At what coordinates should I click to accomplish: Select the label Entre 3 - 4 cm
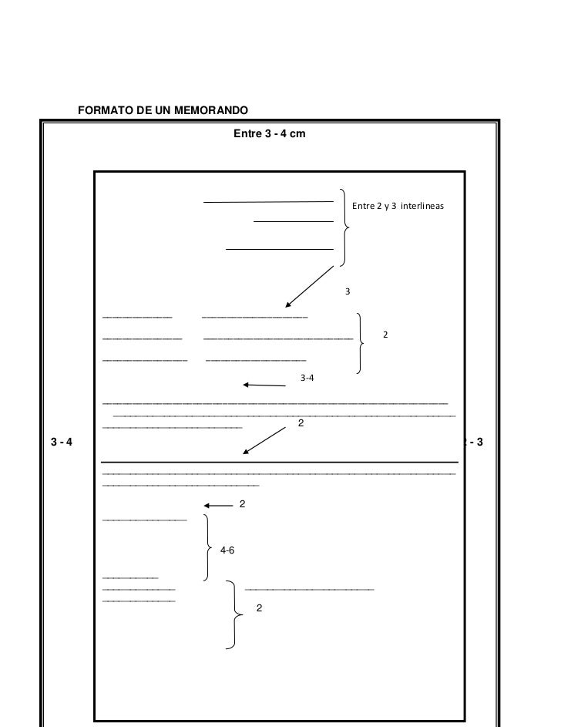coord(269,134)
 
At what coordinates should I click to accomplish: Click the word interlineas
coord(421,207)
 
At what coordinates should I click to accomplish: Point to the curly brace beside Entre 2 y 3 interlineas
coord(344,227)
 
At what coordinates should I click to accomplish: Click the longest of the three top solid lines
coord(268,203)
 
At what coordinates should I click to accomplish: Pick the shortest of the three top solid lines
coord(293,222)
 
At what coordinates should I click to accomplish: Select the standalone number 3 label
coord(348,292)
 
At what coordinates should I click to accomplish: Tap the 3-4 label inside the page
coord(307,378)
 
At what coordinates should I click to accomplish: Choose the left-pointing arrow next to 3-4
coord(264,385)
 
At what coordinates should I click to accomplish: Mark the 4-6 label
coord(227,550)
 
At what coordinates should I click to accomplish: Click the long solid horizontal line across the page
coord(280,463)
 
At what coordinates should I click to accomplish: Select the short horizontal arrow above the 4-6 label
coord(218,506)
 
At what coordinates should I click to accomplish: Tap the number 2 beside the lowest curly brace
coord(259,608)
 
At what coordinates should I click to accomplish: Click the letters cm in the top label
coord(297,134)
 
